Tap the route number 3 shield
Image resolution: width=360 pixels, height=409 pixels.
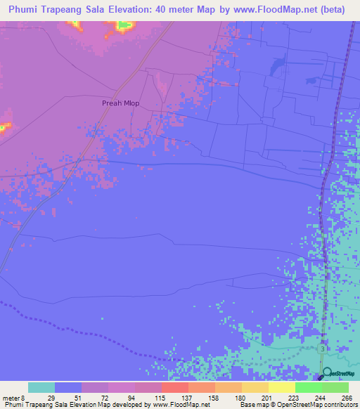[x=322, y=349]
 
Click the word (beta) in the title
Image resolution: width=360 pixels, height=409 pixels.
[x=340, y=9]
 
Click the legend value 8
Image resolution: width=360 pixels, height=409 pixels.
[x=25, y=397]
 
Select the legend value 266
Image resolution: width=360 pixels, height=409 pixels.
[x=347, y=397]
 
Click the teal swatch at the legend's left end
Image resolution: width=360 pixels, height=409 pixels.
[x=41, y=387]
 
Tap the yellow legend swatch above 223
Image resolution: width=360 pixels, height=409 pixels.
[x=281, y=387]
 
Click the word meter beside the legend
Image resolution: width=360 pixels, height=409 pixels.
[x=11, y=397]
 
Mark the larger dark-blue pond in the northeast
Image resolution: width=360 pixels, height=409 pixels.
[x=275, y=66]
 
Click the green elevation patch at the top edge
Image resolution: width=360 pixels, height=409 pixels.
[x=125, y=25]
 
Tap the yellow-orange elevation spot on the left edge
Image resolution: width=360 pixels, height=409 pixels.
[x=4, y=127]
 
